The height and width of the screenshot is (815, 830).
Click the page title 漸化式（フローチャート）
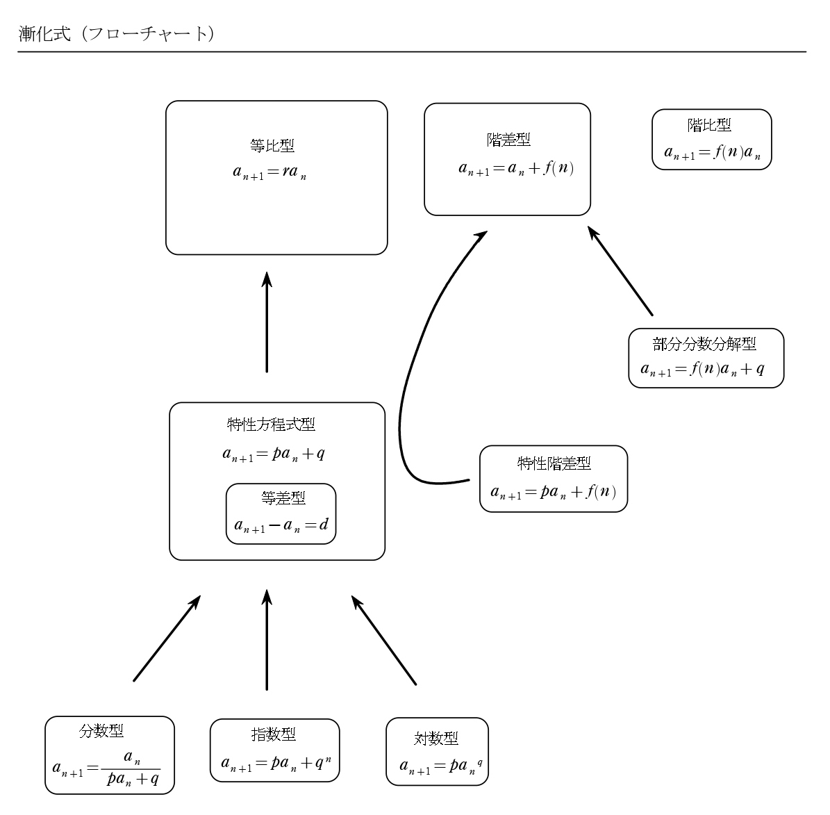point(115,34)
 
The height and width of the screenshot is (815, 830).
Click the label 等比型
point(272,146)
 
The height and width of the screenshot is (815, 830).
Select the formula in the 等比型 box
point(269,173)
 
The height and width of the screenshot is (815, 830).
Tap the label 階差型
point(508,140)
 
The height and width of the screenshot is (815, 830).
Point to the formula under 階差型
point(516,169)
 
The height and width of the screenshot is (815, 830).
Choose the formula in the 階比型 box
point(712,154)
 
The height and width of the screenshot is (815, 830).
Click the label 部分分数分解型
point(704,344)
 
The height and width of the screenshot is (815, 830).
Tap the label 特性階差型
point(554,463)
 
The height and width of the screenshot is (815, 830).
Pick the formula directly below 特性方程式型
point(273,454)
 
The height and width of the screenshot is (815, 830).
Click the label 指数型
point(273,734)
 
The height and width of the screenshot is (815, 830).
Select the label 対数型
point(436,739)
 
